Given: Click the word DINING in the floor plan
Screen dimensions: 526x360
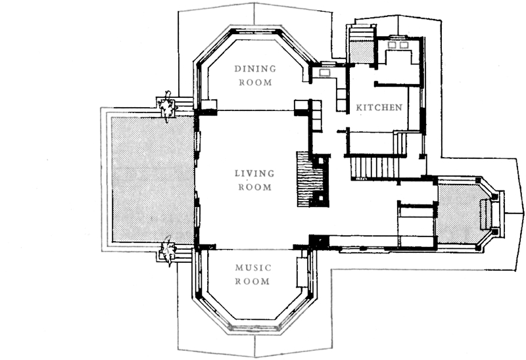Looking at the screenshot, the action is tap(255, 69).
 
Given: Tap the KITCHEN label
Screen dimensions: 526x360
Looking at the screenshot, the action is tap(379, 108).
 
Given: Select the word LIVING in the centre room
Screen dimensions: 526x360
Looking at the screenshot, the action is tap(254, 173).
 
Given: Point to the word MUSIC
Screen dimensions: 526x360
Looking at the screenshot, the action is tap(253, 268).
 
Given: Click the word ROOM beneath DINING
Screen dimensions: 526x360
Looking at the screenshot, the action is tap(255, 83).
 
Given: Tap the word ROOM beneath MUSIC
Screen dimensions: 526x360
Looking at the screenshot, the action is tap(252, 281).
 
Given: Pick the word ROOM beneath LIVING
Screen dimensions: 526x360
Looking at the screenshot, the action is tap(255, 187).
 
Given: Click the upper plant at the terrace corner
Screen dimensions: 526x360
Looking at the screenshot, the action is tap(167, 106).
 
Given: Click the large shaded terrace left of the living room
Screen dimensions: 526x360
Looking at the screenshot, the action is tap(153, 179).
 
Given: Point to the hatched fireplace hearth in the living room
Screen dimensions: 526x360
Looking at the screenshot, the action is tap(305, 179).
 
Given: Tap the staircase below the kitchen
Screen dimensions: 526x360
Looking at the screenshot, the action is tap(374, 168).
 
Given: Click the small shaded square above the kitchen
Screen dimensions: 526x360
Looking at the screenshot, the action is tap(362, 52).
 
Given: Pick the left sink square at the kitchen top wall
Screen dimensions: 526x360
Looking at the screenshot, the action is tap(392, 45).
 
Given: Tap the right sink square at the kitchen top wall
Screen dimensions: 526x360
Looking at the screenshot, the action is tap(404, 45).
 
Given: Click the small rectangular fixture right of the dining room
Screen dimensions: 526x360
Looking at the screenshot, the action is tap(325, 73).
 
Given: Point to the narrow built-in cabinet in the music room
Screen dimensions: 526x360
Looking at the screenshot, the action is tap(302, 272).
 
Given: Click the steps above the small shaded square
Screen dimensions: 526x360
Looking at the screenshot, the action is tap(362, 33).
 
